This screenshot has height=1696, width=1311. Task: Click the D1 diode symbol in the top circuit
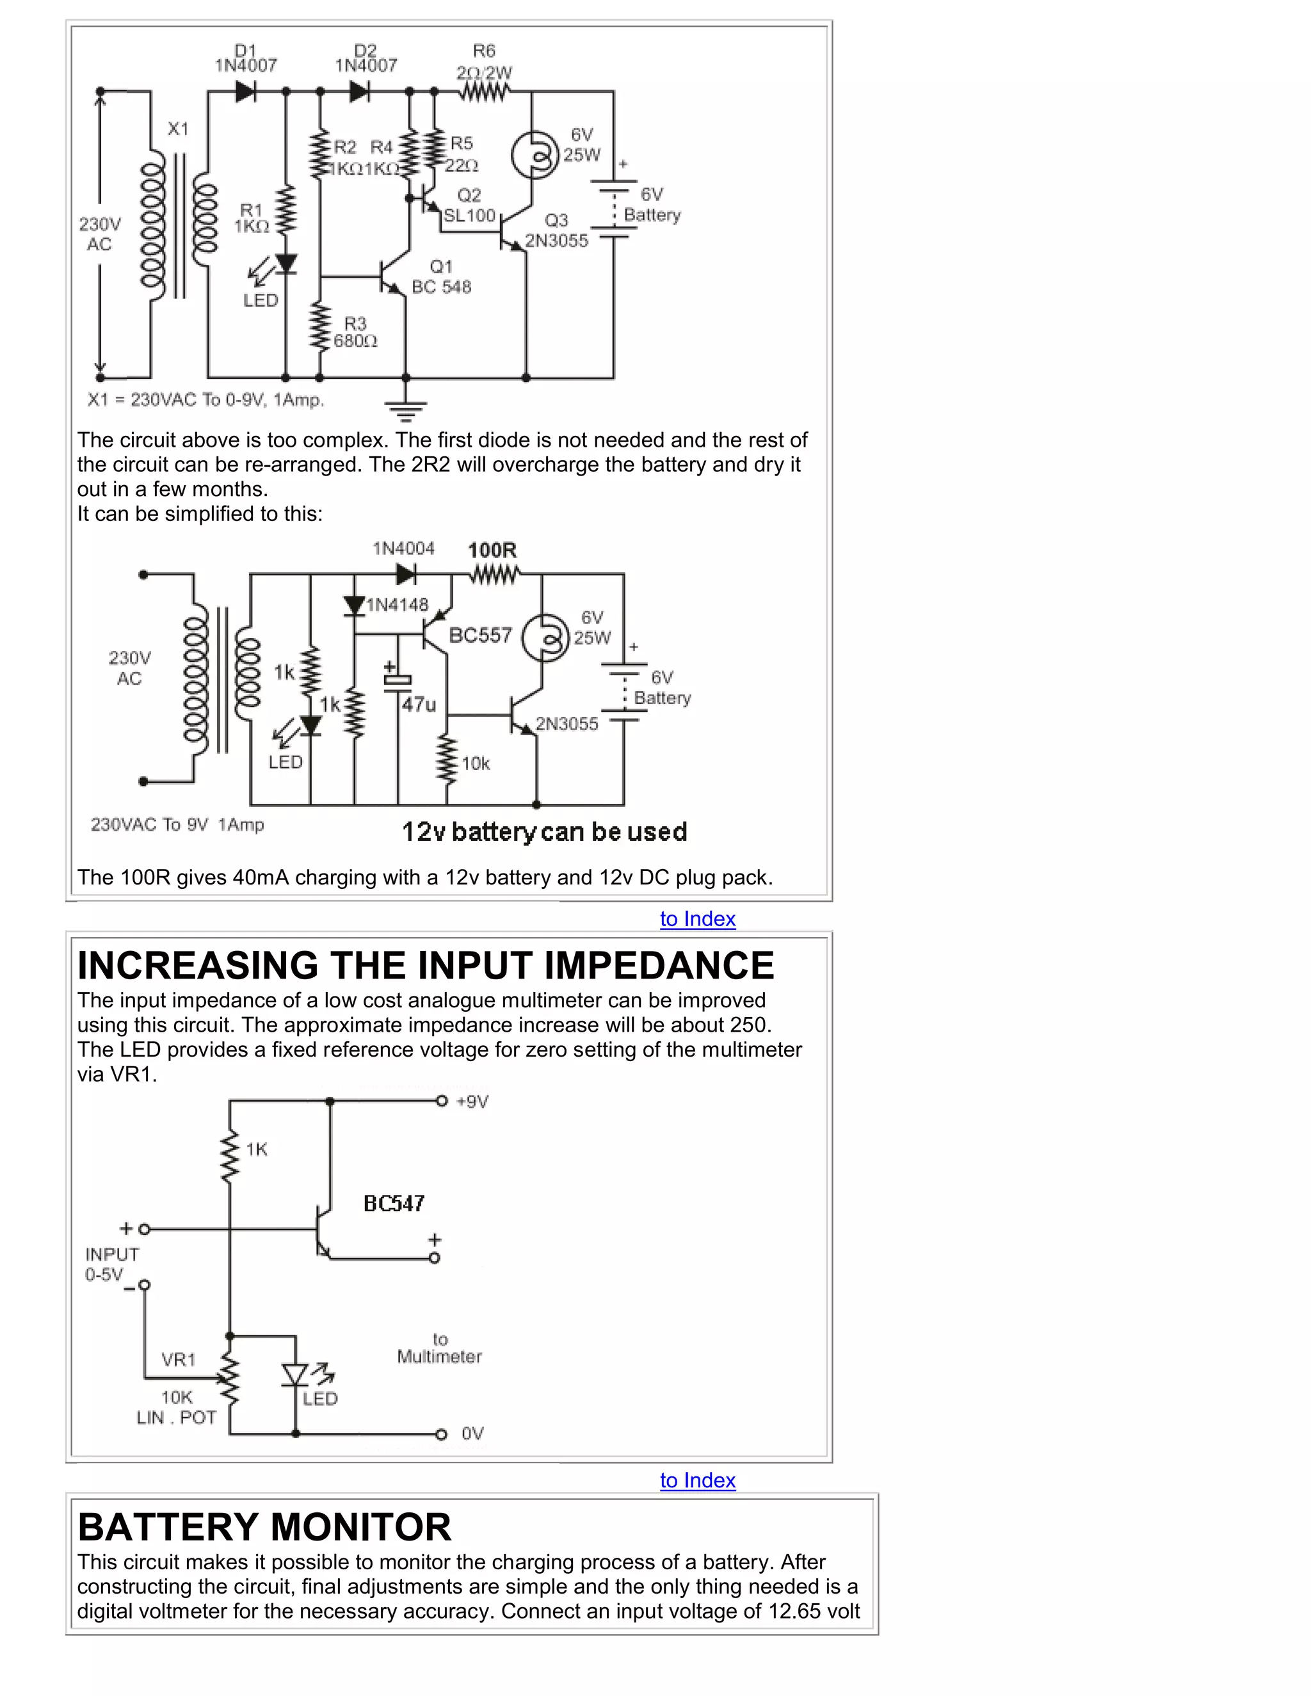tap(245, 92)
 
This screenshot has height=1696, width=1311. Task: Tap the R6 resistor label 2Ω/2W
tap(484, 73)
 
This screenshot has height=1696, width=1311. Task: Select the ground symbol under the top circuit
tap(405, 408)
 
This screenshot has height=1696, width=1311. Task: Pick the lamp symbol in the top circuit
tap(535, 156)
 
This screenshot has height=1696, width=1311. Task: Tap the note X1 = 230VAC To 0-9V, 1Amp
tap(206, 400)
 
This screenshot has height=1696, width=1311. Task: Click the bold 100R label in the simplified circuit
tap(492, 550)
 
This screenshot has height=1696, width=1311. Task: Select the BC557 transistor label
tap(480, 636)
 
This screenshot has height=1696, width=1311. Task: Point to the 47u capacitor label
tap(419, 705)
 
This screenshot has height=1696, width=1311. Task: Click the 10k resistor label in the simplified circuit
tap(476, 764)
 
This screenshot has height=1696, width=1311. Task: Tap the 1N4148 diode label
tap(397, 605)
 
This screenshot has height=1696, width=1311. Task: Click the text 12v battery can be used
tap(543, 832)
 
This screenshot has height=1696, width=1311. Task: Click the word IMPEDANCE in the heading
tap(659, 965)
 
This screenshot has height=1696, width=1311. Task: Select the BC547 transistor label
tap(394, 1204)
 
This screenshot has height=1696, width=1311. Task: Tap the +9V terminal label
tap(472, 1102)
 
